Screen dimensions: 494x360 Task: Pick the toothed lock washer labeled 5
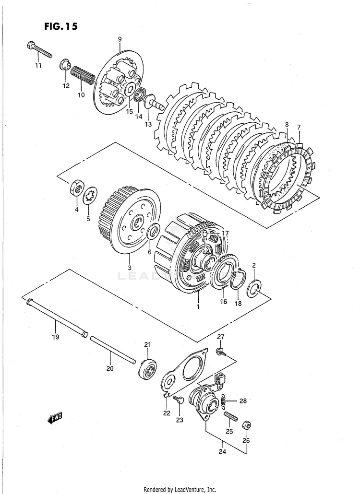click(89, 196)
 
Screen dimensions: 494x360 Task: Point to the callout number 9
click(120, 39)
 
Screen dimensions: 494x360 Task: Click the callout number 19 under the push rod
click(55, 337)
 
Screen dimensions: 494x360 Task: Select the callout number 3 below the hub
click(129, 267)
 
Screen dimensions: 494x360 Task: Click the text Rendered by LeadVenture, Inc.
click(180, 489)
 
